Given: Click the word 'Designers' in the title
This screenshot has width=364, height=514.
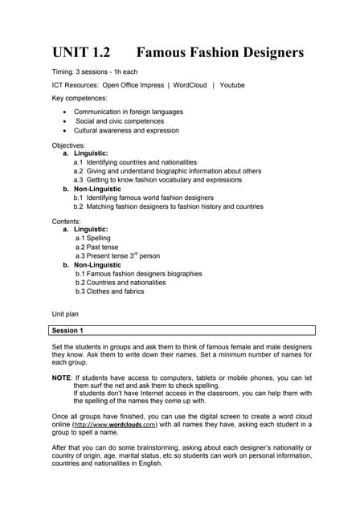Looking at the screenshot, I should point(264,53).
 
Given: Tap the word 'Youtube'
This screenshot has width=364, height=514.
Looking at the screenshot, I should point(232,85).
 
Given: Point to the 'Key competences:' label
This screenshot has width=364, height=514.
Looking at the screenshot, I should point(80,98).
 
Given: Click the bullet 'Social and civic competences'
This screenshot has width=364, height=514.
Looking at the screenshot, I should point(127,121).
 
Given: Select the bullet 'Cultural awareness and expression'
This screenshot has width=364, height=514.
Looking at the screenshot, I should point(126,130).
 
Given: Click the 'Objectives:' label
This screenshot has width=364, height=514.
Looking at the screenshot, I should point(69,145).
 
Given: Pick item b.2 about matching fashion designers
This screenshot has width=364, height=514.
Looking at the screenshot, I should point(168,206).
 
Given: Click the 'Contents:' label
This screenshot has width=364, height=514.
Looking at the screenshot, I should point(67,220).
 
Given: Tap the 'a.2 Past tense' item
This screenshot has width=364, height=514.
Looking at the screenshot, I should point(98,247).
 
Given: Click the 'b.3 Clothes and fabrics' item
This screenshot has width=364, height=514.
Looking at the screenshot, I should point(109,291).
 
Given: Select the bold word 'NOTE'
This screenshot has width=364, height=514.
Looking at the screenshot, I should point(61,377).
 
